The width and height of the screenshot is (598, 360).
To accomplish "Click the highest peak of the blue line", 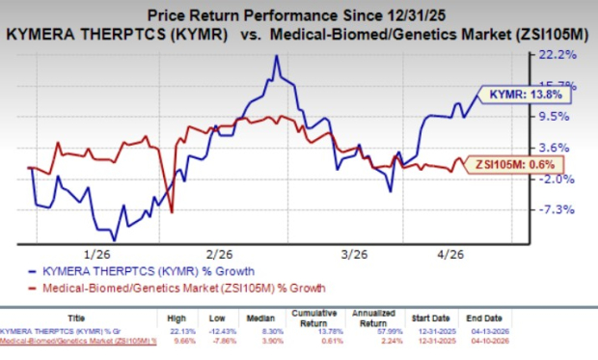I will [x=277, y=56].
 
